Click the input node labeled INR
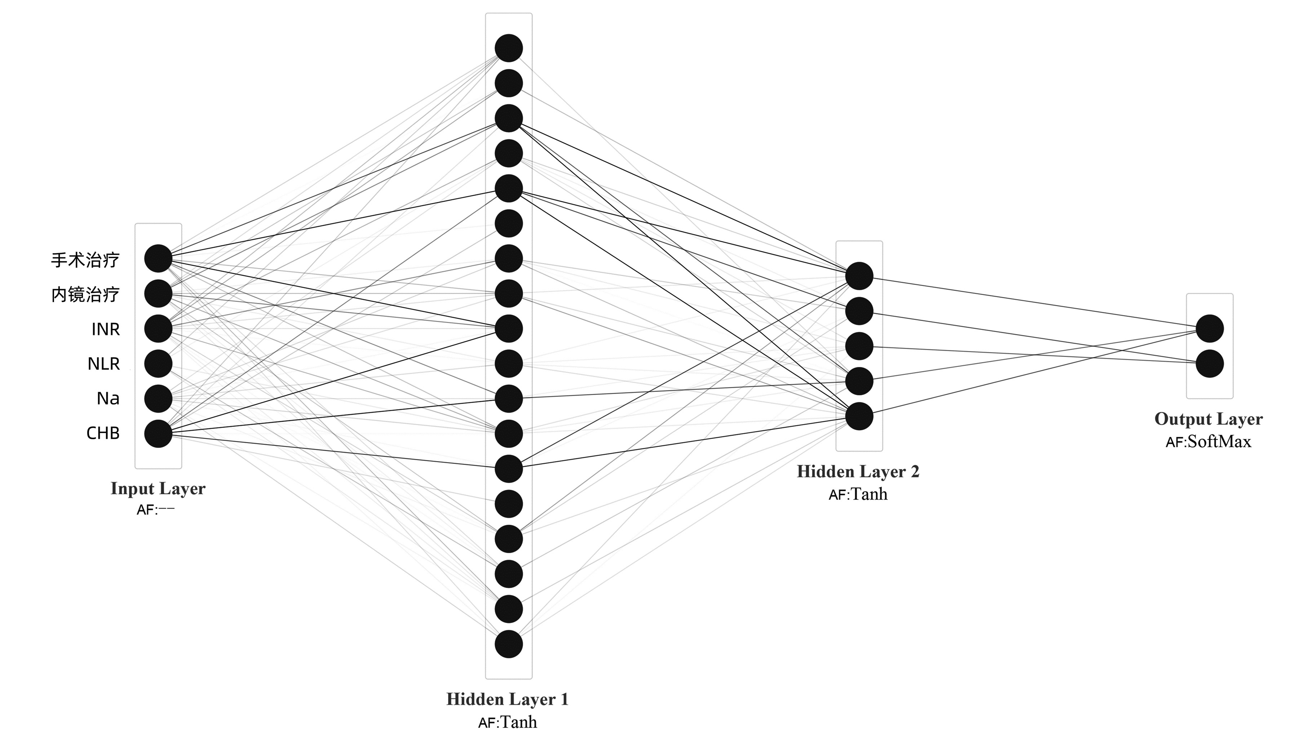pyautogui.click(x=158, y=328)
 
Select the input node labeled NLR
pyautogui.click(x=158, y=364)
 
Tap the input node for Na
pyautogui.click(x=158, y=399)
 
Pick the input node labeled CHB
pyautogui.click(x=158, y=434)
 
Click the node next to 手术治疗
pyautogui.click(x=158, y=258)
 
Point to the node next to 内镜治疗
pyautogui.click(x=158, y=293)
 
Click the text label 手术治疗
pyautogui.click(x=85, y=260)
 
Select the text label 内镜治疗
pyautogui.click(x=85, y=295)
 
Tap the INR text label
pyautogui.click(x=106, y=329)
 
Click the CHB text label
pyautogui.click(x=103, y=433)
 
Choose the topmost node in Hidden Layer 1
pyautogui.click(x=509, y=48)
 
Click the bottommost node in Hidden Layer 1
pyautogui.click(x=509, y=644)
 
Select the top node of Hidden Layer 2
pyautogui.click(x=859, y=276)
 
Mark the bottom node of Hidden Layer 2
pyautogui.click(x=859, y=416)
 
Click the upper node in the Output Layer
pyautogui.click(x=1210, y=328)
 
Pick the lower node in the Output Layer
pyautogui.click(x=1210, y=364)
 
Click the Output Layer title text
pyautogui.click(x=1208, y=419)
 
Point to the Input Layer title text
pyautogui.click(x=158, y=489)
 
